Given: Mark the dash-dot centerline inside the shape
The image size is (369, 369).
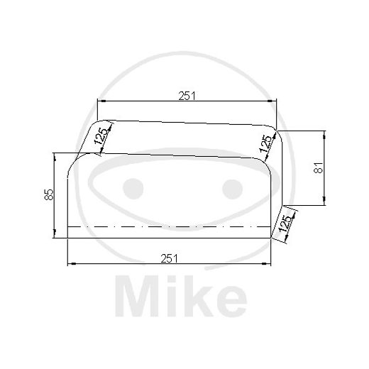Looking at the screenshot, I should [170, 226].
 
